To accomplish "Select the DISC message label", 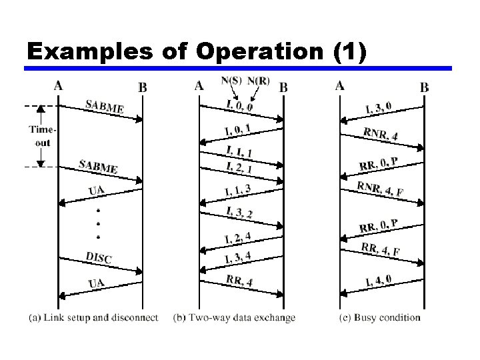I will point(98,257).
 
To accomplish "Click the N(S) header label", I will point(231,81).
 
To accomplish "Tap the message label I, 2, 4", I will point(238,237).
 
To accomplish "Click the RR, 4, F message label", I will point(381,250).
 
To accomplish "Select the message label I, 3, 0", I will point(379,107).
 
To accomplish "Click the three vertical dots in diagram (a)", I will point(99,223).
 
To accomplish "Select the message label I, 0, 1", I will point(238,128).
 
